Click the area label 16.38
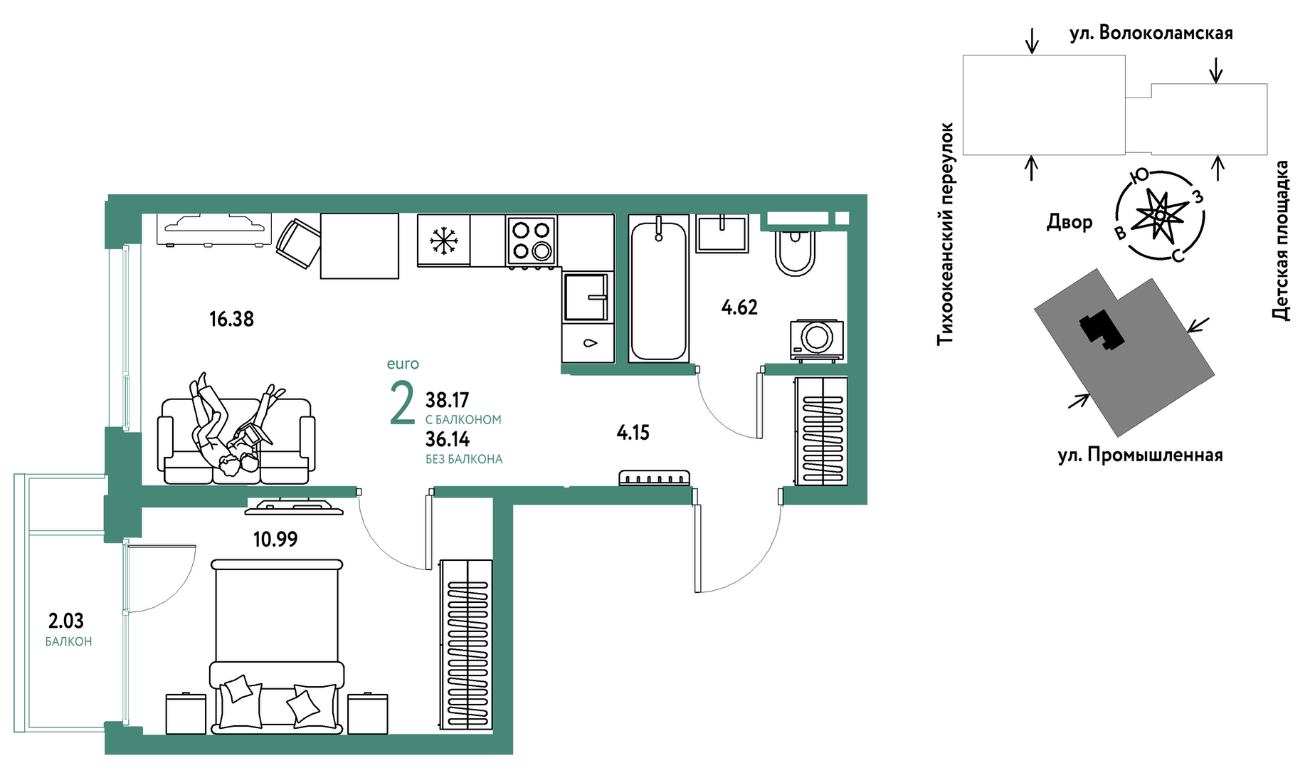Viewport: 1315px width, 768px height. click(x=231, y=319)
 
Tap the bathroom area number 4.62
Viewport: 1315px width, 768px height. click(x=739, y=307)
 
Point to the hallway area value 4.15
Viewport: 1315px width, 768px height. click(x=633, y=433)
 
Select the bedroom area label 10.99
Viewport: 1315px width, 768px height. click(x=275, y=540)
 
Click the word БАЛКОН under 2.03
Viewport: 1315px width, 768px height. click(x=68, y=641)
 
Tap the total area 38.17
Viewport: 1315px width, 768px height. click(x=447, y=400)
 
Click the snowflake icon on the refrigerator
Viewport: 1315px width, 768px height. click(x=443, y=241)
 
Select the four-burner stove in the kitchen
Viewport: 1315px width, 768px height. click(x=532, y=241)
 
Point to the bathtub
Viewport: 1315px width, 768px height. click(x=658, y=289)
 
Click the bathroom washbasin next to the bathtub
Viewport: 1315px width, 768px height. click(x=722, y=233)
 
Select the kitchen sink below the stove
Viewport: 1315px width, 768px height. click(x=586, y=297)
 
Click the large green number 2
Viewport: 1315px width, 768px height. click(x=403, y=403)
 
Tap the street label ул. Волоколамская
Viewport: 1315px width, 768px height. click(x=1151, y=33)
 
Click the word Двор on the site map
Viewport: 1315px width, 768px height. click(x=1070, y=222)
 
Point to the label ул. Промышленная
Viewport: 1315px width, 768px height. click(x=1141, y=455)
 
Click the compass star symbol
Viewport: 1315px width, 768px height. click(x=1160, y=214)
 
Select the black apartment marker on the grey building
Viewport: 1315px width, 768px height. click(x=1102, y=330)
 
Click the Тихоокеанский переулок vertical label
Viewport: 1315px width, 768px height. click(x=945, y=234)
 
